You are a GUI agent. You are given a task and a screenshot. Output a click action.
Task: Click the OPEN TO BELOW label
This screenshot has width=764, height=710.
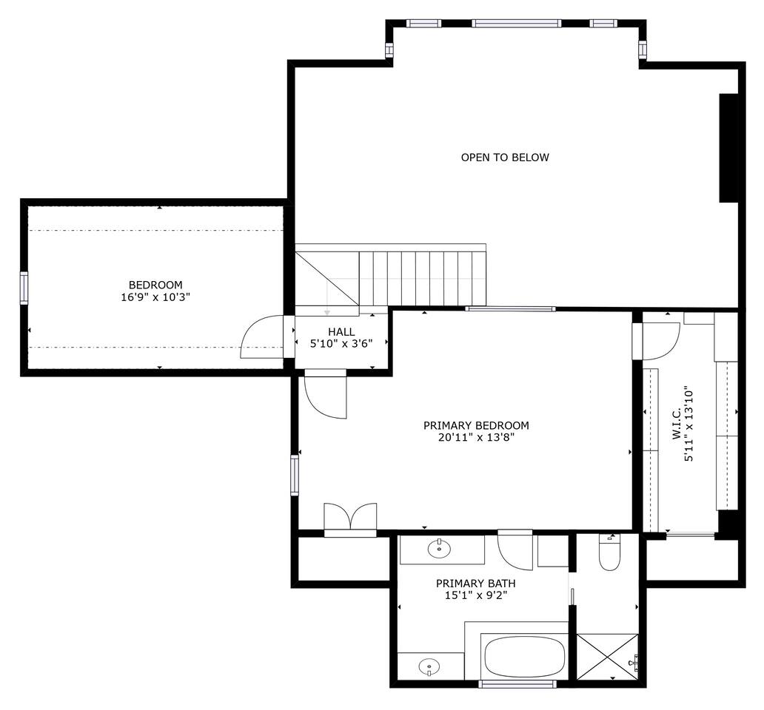[505, 158]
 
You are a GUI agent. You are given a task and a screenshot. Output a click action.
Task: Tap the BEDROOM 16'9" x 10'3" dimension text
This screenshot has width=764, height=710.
[155, 297]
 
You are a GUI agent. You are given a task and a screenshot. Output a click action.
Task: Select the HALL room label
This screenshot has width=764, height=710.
[341, 332]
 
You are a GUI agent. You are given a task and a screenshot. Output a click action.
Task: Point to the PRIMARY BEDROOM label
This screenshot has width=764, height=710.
[476, 425]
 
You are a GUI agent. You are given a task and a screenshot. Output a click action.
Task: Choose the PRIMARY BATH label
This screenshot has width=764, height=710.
[475, 583]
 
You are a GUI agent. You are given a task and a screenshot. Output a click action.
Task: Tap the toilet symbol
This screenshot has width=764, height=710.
[609, 552]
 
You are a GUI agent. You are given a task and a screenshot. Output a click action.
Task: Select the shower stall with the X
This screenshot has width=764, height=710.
[607, 657]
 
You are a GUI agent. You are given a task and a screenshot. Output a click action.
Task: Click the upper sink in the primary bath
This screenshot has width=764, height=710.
[439, 549]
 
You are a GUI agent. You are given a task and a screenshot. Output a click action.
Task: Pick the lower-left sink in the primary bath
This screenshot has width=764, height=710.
[429, 666]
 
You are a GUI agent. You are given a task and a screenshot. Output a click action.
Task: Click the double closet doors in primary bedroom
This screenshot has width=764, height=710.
[350, 518]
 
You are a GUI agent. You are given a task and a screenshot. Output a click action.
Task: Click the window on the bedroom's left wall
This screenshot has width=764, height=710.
[24, 288]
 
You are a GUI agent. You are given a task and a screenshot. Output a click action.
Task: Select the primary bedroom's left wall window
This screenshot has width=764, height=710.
[295, 475]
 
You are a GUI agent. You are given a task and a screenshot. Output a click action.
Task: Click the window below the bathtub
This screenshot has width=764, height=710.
[517, 683]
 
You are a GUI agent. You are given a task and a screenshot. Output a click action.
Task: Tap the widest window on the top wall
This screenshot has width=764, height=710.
[516, 24]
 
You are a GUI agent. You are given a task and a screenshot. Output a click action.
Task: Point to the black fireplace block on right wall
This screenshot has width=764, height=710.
[728, 147]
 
